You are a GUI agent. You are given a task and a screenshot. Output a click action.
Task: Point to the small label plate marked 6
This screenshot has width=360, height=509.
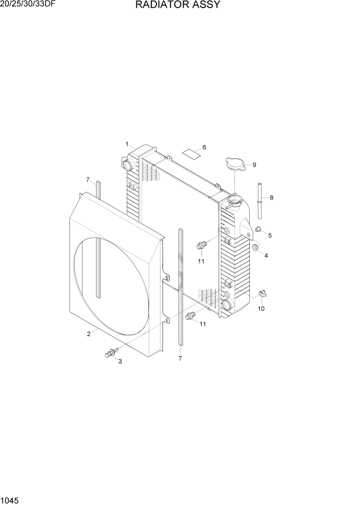coord(191,153)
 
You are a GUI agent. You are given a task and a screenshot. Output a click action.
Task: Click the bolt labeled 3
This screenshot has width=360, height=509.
coord(110,353)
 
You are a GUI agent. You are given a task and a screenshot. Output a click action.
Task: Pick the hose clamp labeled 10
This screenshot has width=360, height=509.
coord(264,293)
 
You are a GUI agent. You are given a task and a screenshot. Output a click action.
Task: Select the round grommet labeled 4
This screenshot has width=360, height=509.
coord(254,249)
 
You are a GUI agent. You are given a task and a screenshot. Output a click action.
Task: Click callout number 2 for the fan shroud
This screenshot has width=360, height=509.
coord(89,334)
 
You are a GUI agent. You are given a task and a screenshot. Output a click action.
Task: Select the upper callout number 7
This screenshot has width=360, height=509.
coord(88,180)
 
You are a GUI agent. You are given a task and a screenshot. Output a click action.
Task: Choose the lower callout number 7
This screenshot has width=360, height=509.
coord(180,359)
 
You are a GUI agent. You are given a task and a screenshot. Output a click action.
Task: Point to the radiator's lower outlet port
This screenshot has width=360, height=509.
coord(226,305)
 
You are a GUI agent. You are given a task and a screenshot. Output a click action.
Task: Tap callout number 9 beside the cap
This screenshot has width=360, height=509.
coord(254,165)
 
